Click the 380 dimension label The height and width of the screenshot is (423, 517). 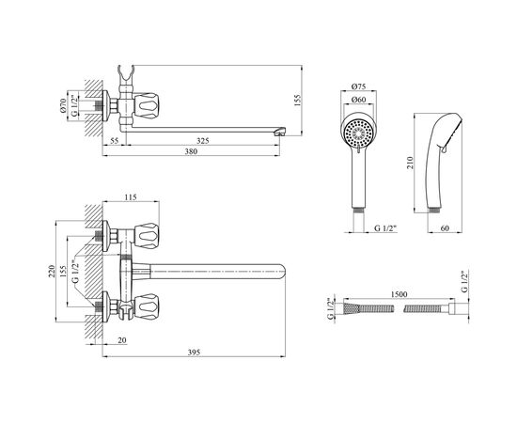(x=191, y=151)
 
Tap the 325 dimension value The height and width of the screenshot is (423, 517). (x=203, y=141)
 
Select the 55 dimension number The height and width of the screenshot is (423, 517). (x=114, y=141)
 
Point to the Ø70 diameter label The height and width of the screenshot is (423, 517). (x=63, y=105)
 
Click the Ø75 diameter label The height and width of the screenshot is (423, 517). (x=358, y=86)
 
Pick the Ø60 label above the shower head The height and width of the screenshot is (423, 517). (x=358, y=100)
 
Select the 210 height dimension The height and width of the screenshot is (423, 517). (x=410, y=163)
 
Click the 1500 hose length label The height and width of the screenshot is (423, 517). (x=399, y=294)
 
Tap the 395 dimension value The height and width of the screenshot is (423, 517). (x=194, y=352)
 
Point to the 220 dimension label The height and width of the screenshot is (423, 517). (x=52, y=271)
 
